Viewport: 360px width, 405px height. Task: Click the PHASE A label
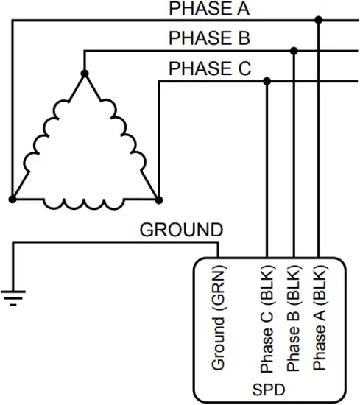pyautogui.click(x=209, y=10)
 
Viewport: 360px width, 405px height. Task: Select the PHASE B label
pyautogui.click(x=209, y=38)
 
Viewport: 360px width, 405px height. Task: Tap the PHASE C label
pyautogui.click(x=210, y=68)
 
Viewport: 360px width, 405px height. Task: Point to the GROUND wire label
pyautogui.click(x=180, y=230)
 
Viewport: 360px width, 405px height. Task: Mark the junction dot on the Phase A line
pyautogui.click(x=318, y=20)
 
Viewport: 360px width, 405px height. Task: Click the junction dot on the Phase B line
pyautogui.click(x=294, y=51)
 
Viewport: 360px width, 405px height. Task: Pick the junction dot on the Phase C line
pyautogui.click(x=267, y=81)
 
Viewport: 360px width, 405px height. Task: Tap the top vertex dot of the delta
pyautogui.click(x=85, y=74)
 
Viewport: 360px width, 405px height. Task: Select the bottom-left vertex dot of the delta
pyautogui.click(x=12, y=199)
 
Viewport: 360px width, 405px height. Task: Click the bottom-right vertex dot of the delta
pyautogui.click(x=158, y=199)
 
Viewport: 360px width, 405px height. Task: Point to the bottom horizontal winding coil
pyautogui.click(x=85, y=202)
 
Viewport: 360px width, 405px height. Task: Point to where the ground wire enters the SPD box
pyautogui.click(x=218, y=258)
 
